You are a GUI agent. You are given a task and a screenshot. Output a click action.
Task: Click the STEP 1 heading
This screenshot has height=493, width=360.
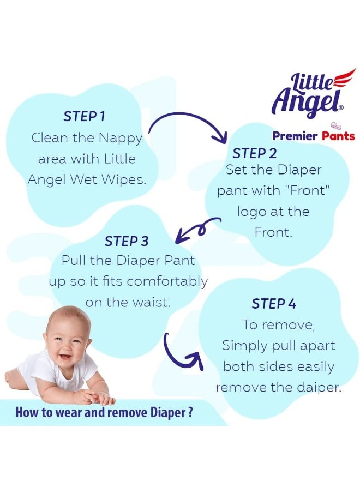84,116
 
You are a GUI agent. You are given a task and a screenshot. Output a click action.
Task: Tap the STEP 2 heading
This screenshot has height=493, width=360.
255,153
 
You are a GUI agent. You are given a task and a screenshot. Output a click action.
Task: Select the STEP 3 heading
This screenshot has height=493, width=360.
126,241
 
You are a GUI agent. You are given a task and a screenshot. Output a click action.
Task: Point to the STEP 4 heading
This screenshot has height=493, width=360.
274,304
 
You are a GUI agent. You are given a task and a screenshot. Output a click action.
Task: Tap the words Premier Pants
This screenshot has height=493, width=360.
313,136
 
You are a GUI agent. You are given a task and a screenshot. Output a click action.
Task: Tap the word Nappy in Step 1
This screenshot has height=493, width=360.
121,138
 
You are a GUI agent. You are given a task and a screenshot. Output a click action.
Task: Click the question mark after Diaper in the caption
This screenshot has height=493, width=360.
189,412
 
